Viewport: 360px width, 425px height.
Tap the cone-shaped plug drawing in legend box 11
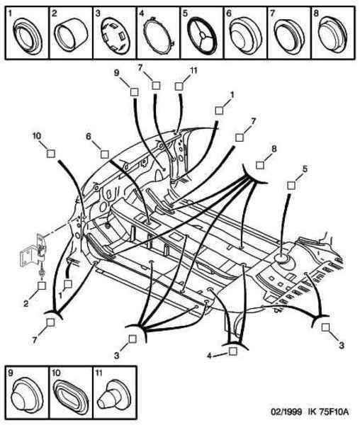click(113, 397)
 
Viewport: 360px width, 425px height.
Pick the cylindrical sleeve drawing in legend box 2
click(71, 34)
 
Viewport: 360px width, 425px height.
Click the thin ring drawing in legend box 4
click(159, 34)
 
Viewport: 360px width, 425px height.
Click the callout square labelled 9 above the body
click(134, 92)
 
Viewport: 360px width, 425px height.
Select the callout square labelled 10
click(51, 154)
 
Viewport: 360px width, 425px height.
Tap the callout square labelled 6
click(105, 154)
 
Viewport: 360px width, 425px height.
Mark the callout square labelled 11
click(179, 86)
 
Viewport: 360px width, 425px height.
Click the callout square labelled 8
click(260, 165)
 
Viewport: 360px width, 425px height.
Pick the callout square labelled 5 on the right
click(291, 186)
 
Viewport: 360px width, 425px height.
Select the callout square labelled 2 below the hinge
click(42, 285)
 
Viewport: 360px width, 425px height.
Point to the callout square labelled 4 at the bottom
click(233, 351)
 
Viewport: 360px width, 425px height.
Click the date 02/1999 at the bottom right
click(286, 412)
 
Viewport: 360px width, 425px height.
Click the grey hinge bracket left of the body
click(33, 251)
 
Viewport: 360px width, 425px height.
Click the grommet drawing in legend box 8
click(332, 33)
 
